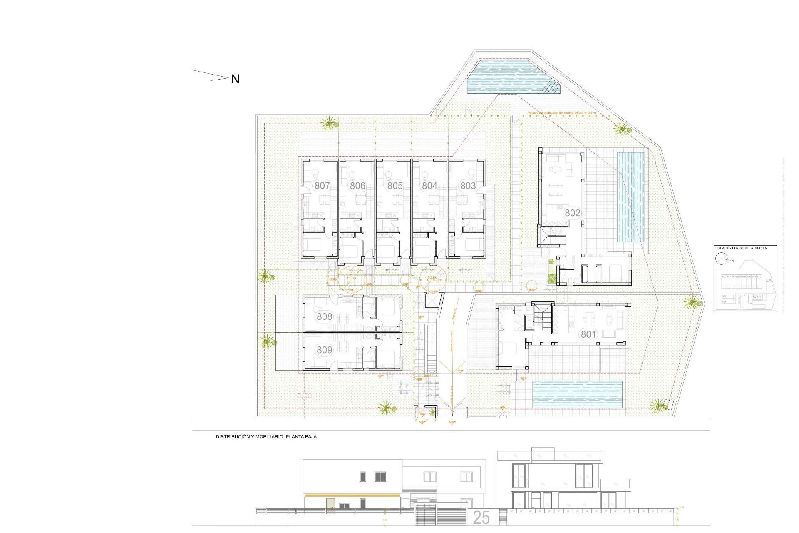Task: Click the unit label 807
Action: pyautogui.click(x=322, y=186)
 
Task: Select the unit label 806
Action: pyautogui.click(x=357, y=186)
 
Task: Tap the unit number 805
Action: pyautogui.click(x=395, y=186)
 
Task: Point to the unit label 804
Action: pyautogui.click(x=429, y=186)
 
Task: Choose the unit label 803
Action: pyautogui.click(x=468, y=186)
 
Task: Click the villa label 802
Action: pyautogui.click(x=572, y=213)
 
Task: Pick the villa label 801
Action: pyautogui.click(x=588, y=334)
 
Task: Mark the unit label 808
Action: pyautogui.click(x=325, y=316)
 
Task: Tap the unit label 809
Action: pyautogui.click(x=325, y=350)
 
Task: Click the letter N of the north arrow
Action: pyautogui.click(x=235, y=79)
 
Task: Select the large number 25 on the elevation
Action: pyautogui.click(x=481, y=518)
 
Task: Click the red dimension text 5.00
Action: pyautogui.click(x=304, y=396)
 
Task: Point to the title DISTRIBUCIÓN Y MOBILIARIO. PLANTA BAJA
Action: pyautogui.click(x=266, y=437)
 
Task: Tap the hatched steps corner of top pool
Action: pyautogui.click(x=551, y=87)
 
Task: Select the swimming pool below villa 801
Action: pyautogui.click(x=577, y=394)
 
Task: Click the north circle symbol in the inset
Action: pyautogui.click(x=721, y=259)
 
